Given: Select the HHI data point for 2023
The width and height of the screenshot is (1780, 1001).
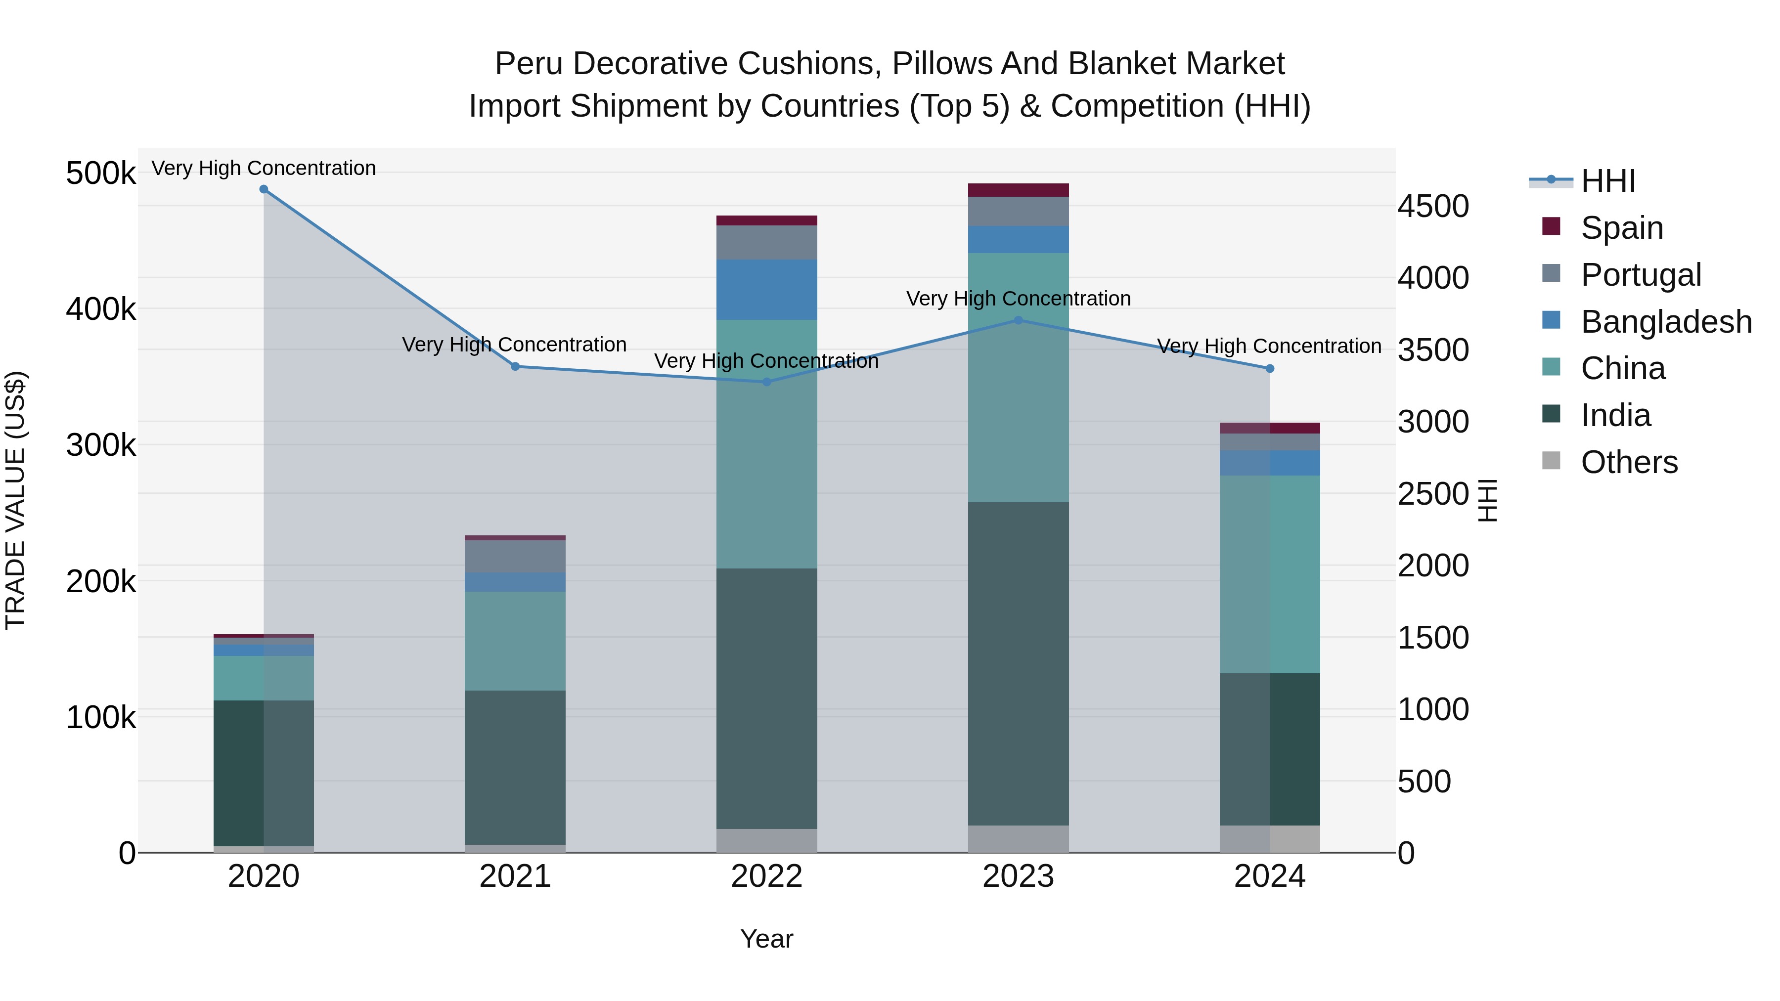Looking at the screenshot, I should click(x=1018, y=320).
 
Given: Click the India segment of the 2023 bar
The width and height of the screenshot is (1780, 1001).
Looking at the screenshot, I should click(x=1018, y=663).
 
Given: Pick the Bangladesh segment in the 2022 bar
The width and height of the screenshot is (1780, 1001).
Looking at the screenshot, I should click(x=766, y=290).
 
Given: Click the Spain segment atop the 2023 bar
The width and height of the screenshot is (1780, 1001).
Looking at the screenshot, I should click(x=1018, y=190).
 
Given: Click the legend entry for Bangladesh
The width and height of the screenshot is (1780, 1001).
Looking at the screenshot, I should click(x=1666, y=322).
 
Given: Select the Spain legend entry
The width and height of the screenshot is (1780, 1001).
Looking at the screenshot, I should click(x=1621, y=228).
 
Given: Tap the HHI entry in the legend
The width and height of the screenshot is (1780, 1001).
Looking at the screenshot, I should click(x=1607, y=181).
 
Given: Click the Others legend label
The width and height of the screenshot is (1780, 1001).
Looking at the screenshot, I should click(x=1629, y=462).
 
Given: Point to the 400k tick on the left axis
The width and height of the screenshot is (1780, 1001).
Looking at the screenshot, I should click(x=101, y=309).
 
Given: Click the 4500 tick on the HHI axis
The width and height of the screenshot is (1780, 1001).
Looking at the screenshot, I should click(x=1433, y=207).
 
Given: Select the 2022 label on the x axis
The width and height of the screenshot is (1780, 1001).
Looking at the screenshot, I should click(x=766, y=876).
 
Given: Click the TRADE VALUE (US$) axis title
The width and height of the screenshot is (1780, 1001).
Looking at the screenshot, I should click(x=15, y=500).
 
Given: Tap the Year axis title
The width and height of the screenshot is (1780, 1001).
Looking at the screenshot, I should click(x=766, y=939).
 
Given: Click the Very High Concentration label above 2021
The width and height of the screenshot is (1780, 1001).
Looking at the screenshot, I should click(x=514, y=344).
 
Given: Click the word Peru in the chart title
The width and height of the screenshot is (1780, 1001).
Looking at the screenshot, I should click(x=529, y=64).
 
